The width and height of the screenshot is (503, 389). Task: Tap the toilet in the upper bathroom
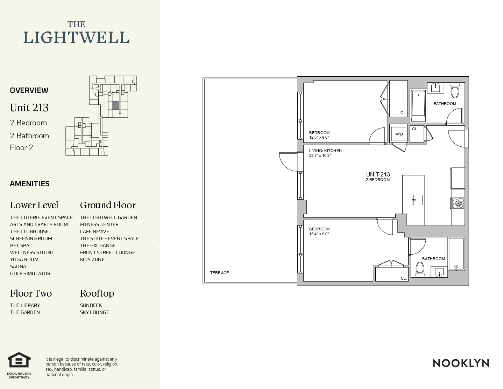tap(455, 91)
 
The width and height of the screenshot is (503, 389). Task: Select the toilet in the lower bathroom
tap(419, 269)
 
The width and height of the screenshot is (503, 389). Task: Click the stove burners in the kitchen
tap(458, 203)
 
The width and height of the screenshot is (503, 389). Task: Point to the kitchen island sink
tap(417, 200)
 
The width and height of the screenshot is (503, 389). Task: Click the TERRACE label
tap(219, 273)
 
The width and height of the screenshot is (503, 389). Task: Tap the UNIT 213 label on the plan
tap(378, 174)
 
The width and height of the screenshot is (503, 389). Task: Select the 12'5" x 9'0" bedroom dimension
tap(319, 138)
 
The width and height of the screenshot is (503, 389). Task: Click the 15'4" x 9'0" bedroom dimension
tap(319, 234)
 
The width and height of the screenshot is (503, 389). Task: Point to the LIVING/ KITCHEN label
tap(325, 151)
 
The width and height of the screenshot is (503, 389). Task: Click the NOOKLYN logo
tap(461, 363)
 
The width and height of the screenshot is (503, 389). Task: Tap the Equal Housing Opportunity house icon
tap(20, 360)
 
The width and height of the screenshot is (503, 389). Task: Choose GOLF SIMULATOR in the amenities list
tap(30, 273)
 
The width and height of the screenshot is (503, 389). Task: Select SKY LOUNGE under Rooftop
tap(94, 312)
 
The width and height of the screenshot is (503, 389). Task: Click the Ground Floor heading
tap(108, 205)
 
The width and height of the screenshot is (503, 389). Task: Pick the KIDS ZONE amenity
tap(92, 259)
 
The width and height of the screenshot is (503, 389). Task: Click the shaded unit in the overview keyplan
tap(115, 105)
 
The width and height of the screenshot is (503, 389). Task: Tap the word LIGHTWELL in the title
tap(76, 38)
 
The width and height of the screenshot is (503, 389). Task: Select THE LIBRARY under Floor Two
tap(25, 305)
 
